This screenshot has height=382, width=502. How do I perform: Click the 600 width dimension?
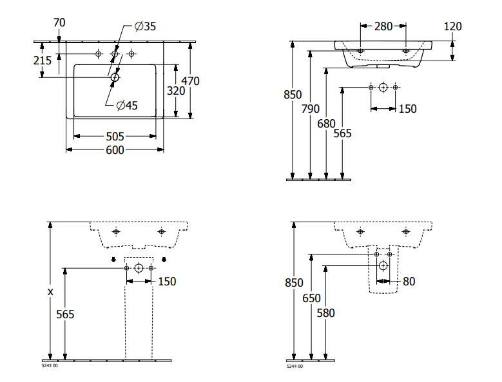115,149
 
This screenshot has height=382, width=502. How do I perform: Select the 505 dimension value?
115,136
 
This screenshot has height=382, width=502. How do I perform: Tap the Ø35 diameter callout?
145,26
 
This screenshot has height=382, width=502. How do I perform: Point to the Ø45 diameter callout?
127,106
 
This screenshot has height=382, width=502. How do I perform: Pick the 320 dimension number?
176,91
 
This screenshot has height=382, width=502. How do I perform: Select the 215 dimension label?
43,60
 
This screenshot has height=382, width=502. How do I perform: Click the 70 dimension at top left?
59,23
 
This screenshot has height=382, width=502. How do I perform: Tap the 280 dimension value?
383,26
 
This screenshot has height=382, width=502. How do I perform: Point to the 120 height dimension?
453,26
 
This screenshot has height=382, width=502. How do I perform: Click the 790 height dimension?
311,109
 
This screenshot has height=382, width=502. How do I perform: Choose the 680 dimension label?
326,122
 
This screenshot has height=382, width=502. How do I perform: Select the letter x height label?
50,291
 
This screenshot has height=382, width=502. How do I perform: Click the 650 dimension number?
311,298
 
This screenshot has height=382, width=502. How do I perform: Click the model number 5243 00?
49,366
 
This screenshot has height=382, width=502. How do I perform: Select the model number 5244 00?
294,366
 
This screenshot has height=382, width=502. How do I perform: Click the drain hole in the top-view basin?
115,77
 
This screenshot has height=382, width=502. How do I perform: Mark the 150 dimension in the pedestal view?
167,281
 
